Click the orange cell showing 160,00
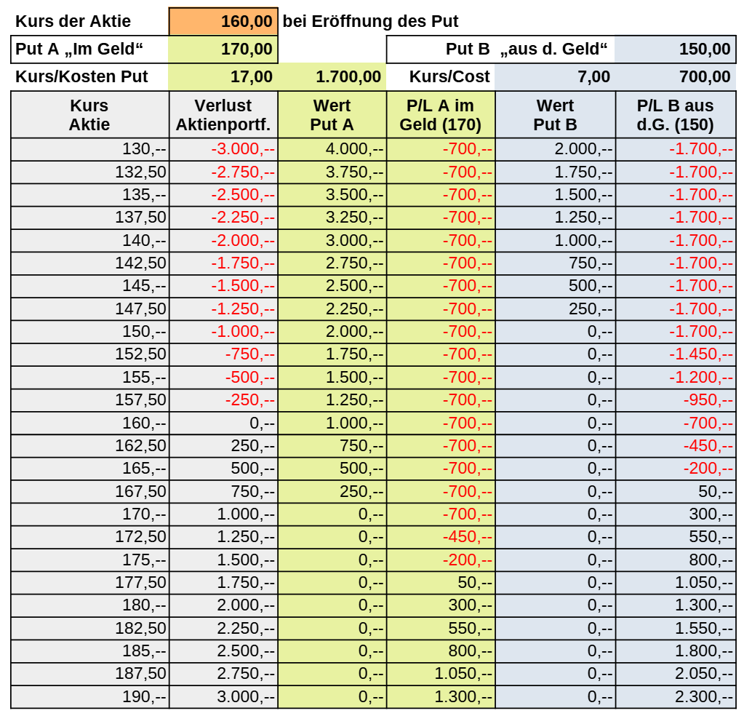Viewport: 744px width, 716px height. pyautogui.click(x=224, y=21)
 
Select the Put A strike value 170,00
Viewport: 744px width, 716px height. pyautogui.click(x=224, y=49)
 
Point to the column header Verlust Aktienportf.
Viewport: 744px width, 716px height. pyautogui.click(x=223, y=115)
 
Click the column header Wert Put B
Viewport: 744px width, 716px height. pyautogui.click(x=555, y=115)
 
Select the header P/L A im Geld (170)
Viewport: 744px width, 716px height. pyautogui.click(x=441, y=115)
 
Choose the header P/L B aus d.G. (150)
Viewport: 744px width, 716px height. pyautogui.click(x=676, y=115)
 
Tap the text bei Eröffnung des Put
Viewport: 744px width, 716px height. pyautogui.click(x=370, y=21)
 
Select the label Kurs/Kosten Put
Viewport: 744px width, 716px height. pyautogui.click(x=81, y=76)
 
